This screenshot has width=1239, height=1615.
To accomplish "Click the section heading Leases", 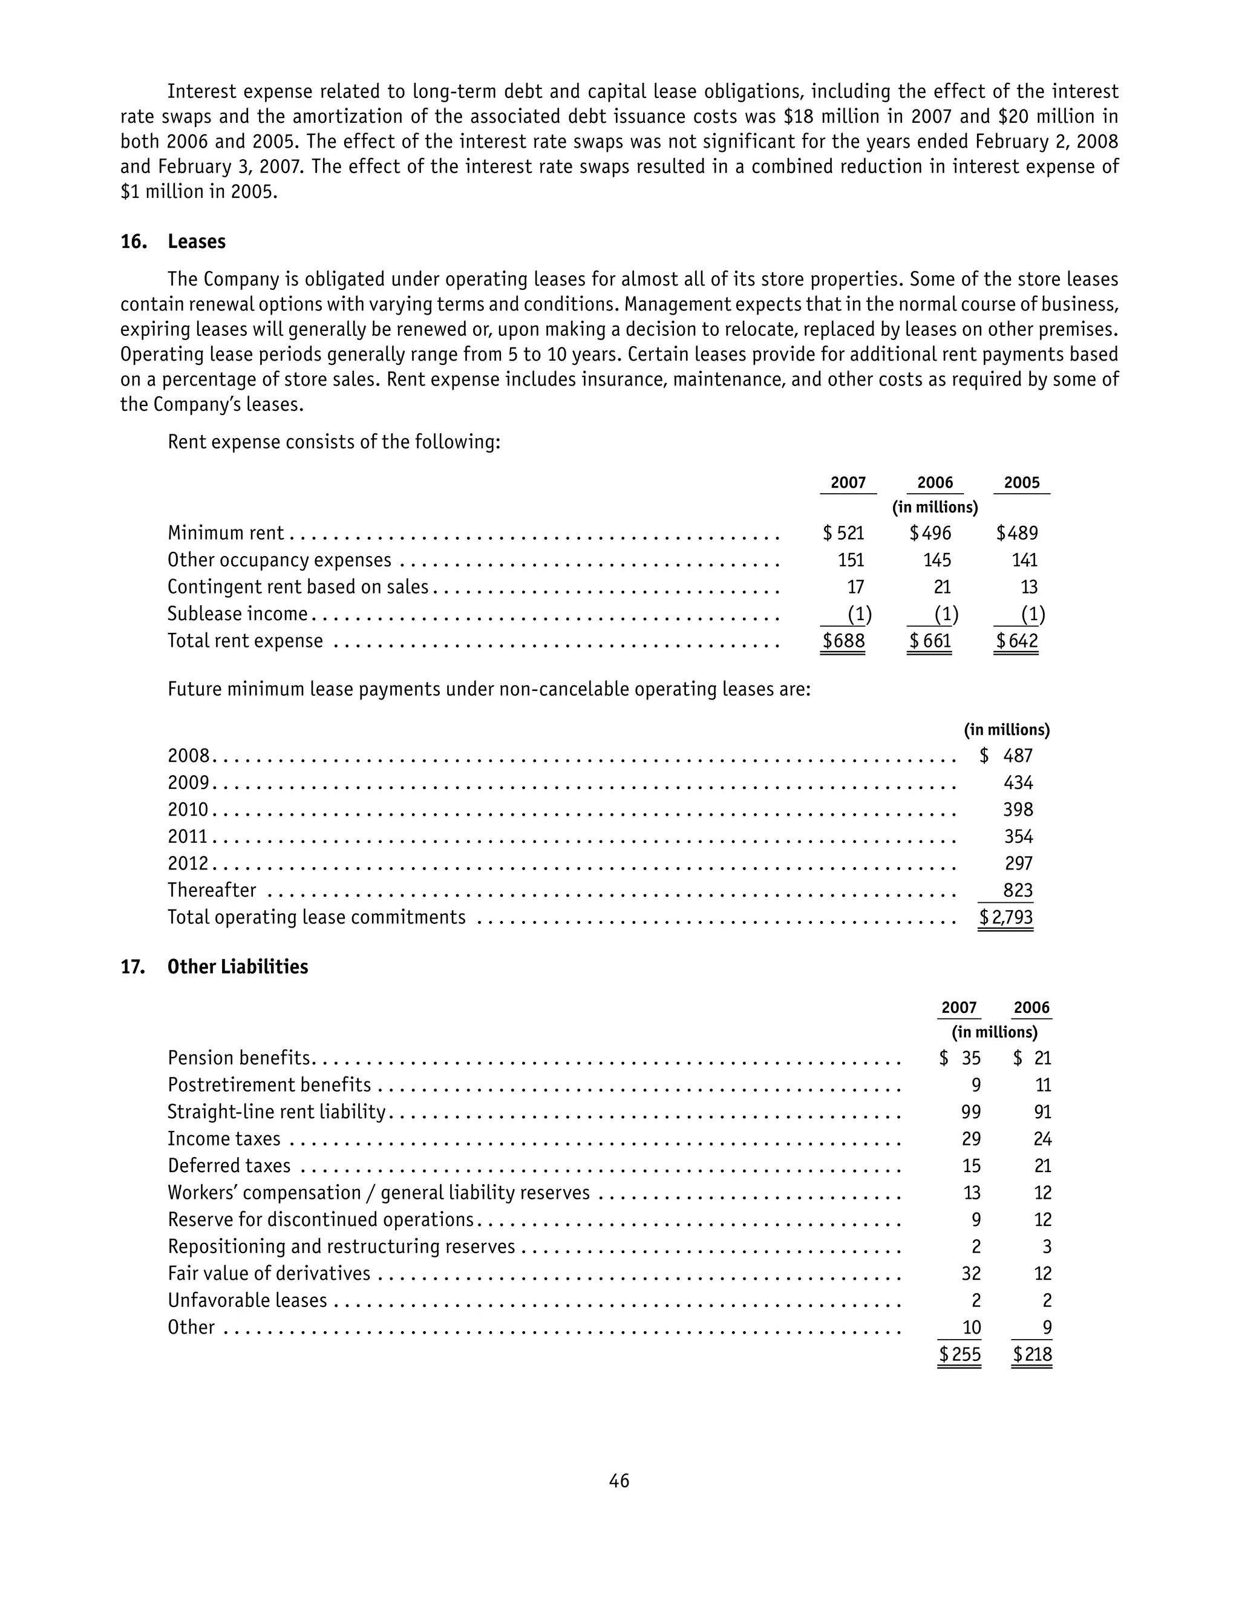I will tap(196, 242).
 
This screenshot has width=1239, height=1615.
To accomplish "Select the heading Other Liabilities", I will tap(238, 967).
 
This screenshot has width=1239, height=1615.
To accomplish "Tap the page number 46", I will tap(619, 1481).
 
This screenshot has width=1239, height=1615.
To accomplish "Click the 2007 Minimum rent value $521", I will tap(844, 533).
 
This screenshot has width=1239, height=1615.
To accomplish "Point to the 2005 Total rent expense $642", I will tap(1017, 641).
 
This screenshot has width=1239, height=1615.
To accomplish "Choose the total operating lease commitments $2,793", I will tap(1006, 917).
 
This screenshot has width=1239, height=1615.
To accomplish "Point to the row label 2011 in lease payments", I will tap(188, 836).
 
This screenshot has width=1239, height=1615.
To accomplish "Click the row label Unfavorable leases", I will tap(247, 1300).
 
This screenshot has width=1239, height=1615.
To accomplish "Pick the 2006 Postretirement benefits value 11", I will tap(1042, 1085).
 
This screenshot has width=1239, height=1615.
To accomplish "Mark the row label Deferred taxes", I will tap(229, 1166).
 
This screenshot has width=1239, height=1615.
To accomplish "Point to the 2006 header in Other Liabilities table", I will tap(1031, 1008).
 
